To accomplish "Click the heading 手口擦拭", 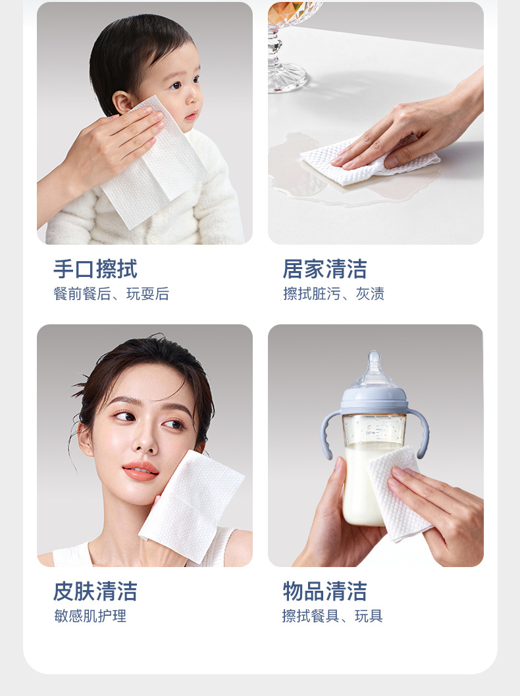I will pos(95,269).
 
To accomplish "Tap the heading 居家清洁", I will pos(325,269).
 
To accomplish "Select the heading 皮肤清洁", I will pos(95,591).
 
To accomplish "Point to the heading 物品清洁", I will pos(325,591).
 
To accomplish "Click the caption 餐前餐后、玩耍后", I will pos(111,294).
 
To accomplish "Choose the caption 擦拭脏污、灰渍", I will pos(333,294).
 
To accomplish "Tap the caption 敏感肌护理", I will pos(90,616).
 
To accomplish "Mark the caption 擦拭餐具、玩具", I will pos(332,616).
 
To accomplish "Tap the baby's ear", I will pos(122,103).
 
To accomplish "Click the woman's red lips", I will pos(140,470).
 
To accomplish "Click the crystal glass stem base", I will pos(287,80).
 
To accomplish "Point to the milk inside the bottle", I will pos(359,487).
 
